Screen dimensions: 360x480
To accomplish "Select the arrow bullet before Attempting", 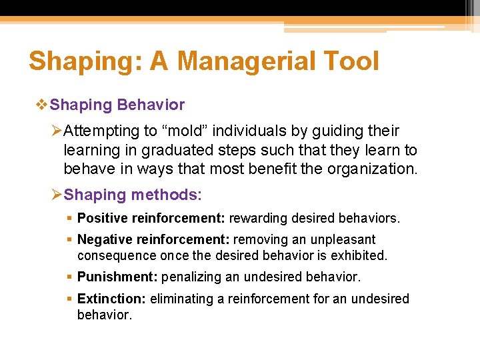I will pyautogui.click(x=57, y=131).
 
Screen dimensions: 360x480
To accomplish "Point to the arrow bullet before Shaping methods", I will pyautogui.click(x=57, y=195).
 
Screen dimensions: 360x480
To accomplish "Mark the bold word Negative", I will pyautogui.click(x=104, y=239).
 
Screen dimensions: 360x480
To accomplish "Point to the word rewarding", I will pyautogui.click(x=259, y=218).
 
